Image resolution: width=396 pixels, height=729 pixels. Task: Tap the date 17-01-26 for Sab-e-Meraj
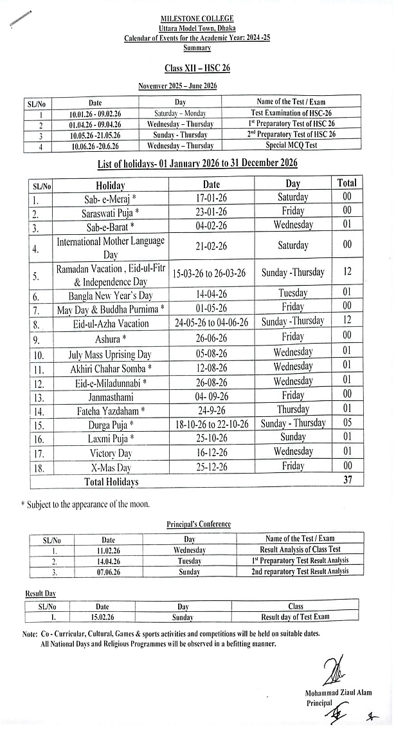[212, 198]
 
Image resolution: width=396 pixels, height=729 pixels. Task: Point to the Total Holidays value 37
[347, 480]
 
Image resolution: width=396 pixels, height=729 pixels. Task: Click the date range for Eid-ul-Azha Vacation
[212, 323]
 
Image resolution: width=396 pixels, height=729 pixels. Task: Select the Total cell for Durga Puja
[347, 423]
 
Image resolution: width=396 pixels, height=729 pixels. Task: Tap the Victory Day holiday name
[111, 452]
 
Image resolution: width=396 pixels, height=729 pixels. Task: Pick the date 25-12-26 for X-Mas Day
[212, 466]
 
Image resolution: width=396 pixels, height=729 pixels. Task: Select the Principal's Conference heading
[194, 524]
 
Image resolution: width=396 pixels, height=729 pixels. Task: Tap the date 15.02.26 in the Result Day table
[102, 617]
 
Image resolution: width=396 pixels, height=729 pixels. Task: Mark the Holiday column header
[111, 185]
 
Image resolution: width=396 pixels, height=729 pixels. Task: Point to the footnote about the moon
[85, 504]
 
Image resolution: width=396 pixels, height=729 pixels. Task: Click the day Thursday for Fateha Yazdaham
[292, 410]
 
